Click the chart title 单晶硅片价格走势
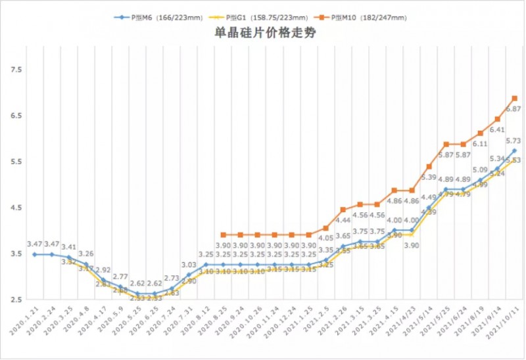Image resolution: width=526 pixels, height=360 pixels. (263, 34)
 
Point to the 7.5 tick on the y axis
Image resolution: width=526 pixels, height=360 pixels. (16, 70)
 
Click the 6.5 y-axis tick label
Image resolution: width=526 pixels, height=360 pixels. (16, 116)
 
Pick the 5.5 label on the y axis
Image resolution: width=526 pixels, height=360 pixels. (16, 162)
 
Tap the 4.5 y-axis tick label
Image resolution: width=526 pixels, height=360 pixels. (16, 208)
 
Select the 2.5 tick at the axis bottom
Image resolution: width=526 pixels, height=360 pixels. (16, 300)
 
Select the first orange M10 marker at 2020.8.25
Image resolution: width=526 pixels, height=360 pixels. (224, 235)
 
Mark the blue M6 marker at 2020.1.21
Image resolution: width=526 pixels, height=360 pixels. (35, 254)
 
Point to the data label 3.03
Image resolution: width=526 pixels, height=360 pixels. (189, 264)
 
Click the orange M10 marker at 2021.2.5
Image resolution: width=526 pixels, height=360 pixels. (326, 228)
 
